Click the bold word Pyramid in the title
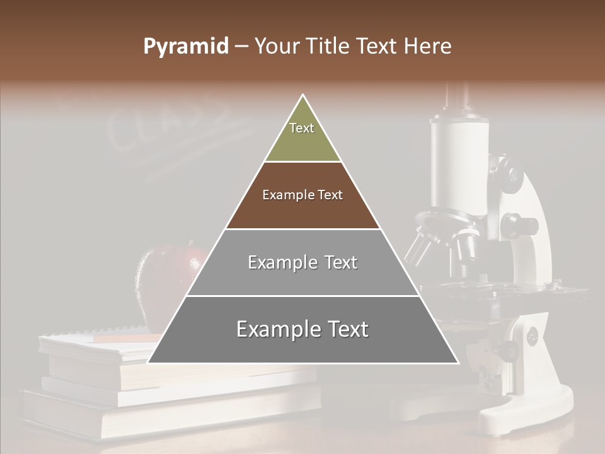(185, 47)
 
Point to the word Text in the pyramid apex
(302, 128)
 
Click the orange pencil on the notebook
(123, 339)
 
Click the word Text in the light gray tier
(341, 262)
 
